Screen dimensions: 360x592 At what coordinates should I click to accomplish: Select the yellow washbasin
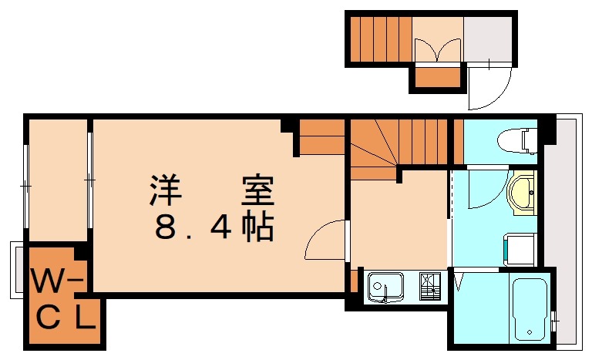[523, 190]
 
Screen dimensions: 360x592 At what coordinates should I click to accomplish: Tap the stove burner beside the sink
[429, 287]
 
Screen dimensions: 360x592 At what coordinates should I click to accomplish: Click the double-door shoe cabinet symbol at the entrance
[437, 49]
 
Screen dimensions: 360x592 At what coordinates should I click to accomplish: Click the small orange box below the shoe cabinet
[438, 77]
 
